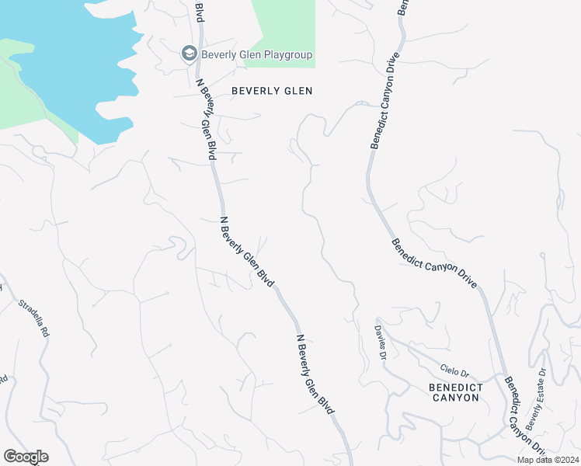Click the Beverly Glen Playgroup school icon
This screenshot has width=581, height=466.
[189, 54]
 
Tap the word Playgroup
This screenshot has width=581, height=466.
[284, 54]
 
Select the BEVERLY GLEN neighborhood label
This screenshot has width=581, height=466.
[272, 91]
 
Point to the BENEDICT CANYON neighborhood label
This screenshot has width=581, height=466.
[455, 392]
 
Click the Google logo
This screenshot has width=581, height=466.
[26, 457]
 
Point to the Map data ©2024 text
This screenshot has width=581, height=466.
[548, 460]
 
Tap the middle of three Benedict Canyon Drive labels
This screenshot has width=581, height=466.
[434, 264]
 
